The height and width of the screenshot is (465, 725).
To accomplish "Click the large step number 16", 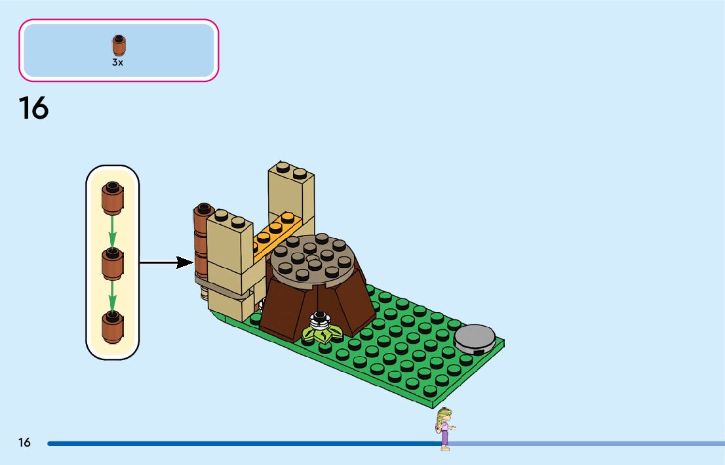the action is click(x=33, y=108).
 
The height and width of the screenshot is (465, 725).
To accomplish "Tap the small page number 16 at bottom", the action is click(x=24, y=443).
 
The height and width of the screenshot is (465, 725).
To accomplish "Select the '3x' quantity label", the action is click(x=117, y=63).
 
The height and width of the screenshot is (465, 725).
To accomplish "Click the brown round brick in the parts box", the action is click(x=118, y=45).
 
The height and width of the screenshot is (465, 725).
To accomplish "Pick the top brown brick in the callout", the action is click(x=112, y=197).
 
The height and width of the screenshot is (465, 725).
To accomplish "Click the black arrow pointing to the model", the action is click(x=167, y=263).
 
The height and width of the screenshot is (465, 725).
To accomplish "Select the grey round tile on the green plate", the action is click(x=475, y=338).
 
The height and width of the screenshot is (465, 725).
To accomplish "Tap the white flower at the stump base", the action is click(x=321, y=321).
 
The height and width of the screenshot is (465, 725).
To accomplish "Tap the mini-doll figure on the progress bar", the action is click(x=445, y=429).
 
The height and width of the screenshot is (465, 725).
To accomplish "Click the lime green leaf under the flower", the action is click(x=321, y=335).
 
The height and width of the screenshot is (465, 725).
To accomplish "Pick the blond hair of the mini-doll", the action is click(x=443, y=416).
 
